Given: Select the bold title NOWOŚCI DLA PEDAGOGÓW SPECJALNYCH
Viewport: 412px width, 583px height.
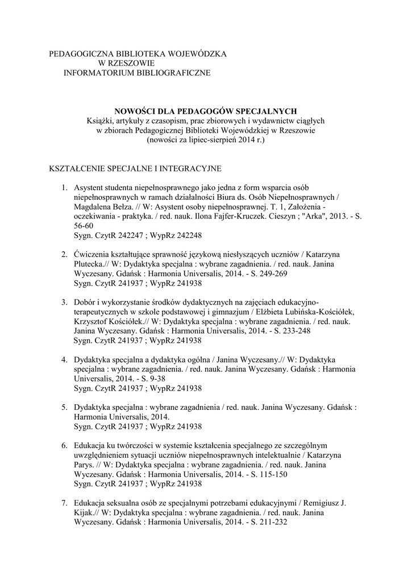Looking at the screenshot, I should (206, 110).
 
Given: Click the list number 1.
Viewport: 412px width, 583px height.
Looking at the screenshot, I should (64, 187).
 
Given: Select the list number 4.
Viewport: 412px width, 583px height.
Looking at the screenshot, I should (64, 360).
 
